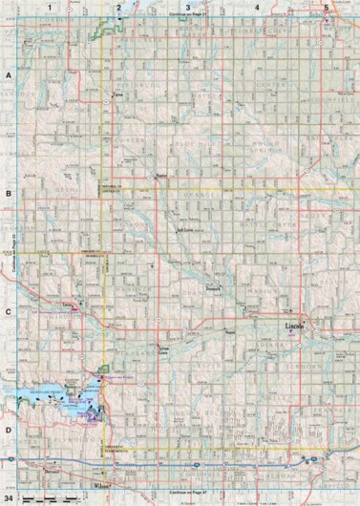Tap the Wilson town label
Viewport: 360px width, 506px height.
point(103,454)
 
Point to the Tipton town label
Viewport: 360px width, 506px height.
point(118,96)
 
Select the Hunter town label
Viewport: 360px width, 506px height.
point(160,177)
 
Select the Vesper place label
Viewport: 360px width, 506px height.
point(229,333)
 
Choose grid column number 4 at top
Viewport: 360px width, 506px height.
point(258,7)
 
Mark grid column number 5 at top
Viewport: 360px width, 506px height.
point(328,7)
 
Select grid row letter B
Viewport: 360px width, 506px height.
point(8,193)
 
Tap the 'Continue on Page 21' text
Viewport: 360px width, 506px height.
point(187,16)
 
